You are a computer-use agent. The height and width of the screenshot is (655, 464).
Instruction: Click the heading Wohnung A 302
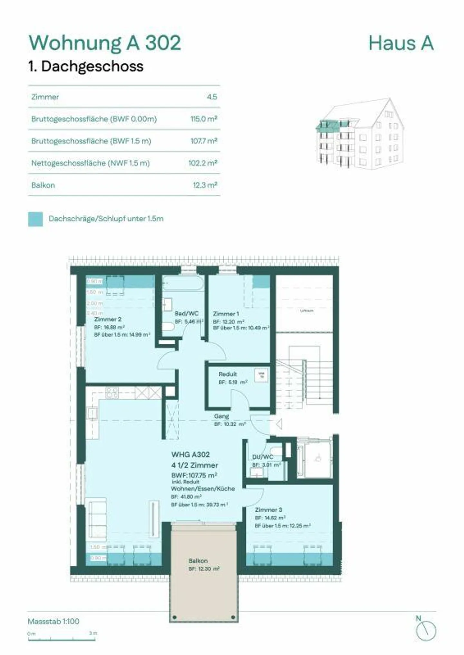pos(105,43)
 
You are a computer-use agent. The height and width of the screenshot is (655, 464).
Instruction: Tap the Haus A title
pos(401,43)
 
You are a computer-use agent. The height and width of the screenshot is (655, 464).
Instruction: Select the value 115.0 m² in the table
pos(204,119)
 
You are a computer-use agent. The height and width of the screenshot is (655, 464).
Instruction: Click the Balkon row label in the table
pos(43,185)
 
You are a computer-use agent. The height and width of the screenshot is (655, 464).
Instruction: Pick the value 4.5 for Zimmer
pos(212,97)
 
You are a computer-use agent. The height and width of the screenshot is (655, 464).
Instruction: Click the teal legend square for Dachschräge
pos(35,219)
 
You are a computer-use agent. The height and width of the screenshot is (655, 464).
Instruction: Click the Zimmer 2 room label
pos(108,319)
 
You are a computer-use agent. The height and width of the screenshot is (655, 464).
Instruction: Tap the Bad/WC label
pos(187,313)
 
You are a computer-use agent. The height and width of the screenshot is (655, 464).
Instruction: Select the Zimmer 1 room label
pos(226,314)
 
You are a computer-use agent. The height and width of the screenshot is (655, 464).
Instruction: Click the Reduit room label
pos(227,374)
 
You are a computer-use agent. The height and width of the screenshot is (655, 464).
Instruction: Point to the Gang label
pos(221,416)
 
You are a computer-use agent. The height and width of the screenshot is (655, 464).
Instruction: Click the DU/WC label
pos(263,457)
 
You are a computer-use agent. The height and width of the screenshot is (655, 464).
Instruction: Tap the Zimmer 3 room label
pos(268,510)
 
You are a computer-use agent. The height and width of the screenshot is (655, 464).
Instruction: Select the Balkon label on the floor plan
pos(198,561)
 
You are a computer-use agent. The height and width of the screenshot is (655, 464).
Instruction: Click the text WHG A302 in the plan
pos(190,454)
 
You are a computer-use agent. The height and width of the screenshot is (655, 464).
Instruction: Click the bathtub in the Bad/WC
pos(182,284)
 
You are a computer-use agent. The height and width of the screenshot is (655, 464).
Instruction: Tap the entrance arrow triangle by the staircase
pos(279,424)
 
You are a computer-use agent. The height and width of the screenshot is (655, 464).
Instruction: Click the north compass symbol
pos(426,631)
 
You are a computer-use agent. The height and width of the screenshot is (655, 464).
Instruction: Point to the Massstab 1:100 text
pos(53,621)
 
